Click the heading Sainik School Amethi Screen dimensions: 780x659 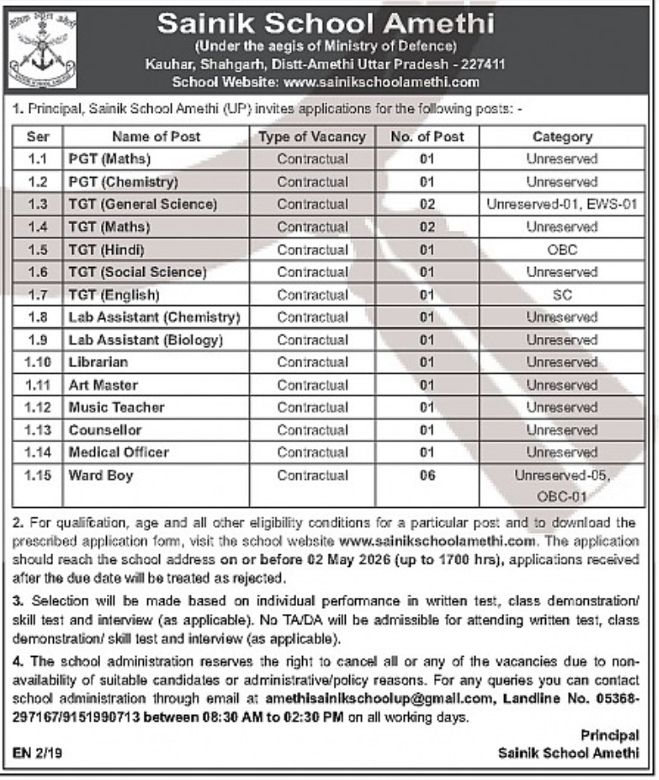[x=326, y=23]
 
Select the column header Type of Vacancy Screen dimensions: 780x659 [x=312, y=136]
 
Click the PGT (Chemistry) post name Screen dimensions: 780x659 [x=122, y=181]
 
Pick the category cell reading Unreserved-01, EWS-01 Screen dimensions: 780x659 [x=561, y=204]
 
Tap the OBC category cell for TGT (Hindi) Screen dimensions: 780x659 [x=561, y=250]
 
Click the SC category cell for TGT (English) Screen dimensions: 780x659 [x=561, y=295]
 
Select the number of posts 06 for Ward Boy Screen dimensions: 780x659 [x=427, y=475]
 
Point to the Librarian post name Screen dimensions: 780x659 [x=98, y=362]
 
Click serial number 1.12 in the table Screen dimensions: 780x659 [x=38, y=407]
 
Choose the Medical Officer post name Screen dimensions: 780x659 [x=118, y=452]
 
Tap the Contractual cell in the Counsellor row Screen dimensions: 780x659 [x=312, y=429]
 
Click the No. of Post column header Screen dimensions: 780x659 [x=427, y=136]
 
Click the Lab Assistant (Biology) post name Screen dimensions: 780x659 [x=145, y=340]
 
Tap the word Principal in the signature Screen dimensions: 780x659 [x=609, y=736]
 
